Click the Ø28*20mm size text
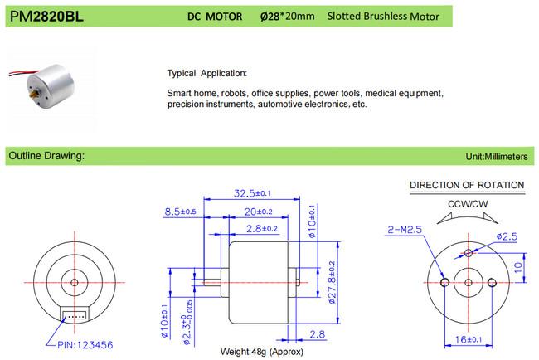[x=281, y=16]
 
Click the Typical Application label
[x=206, y=72]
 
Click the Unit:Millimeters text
[x=501, y=156]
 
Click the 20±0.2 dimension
[x=260, y=212]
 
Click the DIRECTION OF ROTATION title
[x=468, y=184]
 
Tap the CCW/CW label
[x=468, y=203]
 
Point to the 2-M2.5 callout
[x=405, y=229]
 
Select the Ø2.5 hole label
[x=507, y=237]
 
